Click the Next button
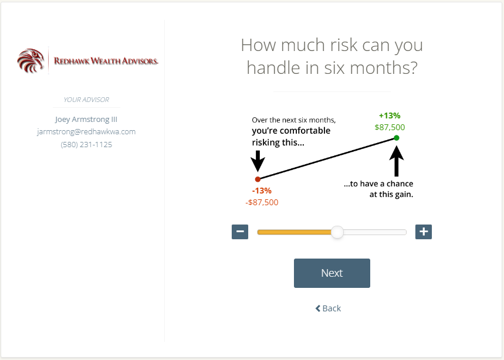332,273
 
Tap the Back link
328,308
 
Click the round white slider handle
337,232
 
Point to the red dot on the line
258,179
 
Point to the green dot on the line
397,138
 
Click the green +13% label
390,116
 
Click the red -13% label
262,191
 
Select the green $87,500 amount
390,127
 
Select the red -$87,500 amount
262,202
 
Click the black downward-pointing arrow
258,161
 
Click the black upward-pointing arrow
397,161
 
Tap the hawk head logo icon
31,60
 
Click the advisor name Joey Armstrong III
86,120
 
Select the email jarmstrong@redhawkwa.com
86,132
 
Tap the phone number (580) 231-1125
86,144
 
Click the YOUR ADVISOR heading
86,100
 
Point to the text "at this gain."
391,194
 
